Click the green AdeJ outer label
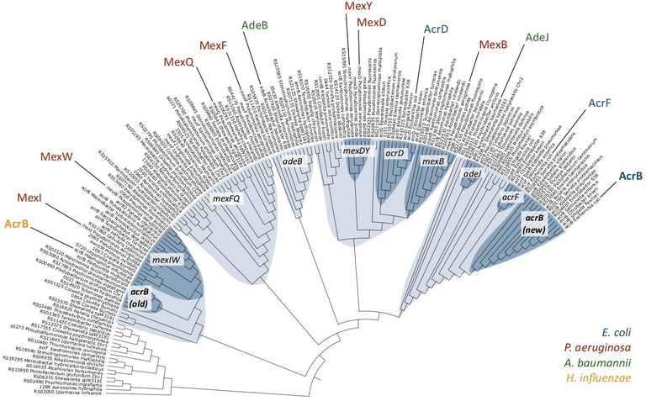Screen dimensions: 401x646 point(537,38)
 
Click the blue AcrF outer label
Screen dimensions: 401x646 point(599,103)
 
